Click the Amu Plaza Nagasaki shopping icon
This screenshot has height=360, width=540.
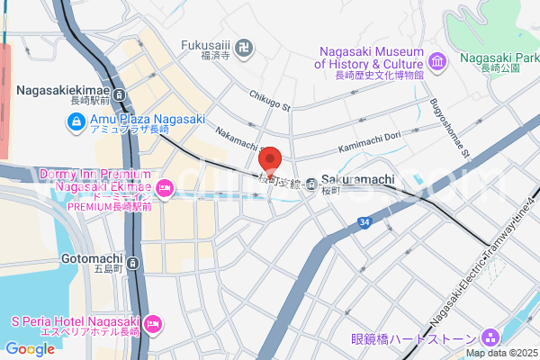pyautogui.click(x=78, y=120)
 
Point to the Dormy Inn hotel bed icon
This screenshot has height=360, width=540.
pyautogui.click(x=164, y=188)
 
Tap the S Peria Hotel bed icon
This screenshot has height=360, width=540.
pyautogui.click(x=152, y=321)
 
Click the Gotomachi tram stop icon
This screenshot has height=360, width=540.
pyautogui.click(x=132, y=264)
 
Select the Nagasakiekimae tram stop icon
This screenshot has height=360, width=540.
pyautogui.click(x=121, y=94)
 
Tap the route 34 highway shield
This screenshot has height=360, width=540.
pyautogui.click(x=363, y=221)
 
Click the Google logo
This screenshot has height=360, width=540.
pyautogui.click(x=30, y=349)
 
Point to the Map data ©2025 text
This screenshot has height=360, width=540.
pyautogui.click(x=499, y=353)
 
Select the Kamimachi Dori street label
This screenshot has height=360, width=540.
pyautogui.click(x=370, y=142)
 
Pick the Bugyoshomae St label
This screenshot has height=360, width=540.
pyautogui.click(x=450, y=126)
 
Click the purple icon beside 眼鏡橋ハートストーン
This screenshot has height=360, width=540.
pyautogui.click(x=490, y=337)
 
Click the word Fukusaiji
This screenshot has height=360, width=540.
pyautogui.click(x=207, y=42)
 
